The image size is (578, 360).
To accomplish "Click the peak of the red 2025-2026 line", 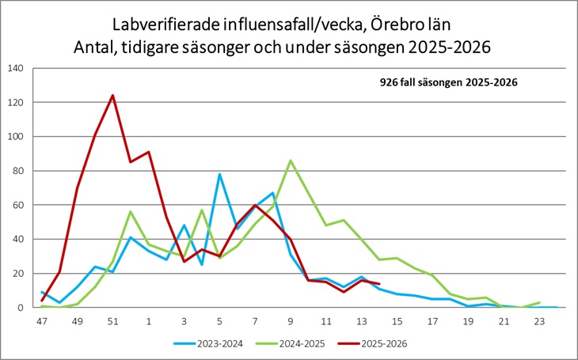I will (112, 96).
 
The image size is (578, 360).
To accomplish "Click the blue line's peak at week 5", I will (219, 174).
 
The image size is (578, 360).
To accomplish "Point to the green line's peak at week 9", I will (291, 161).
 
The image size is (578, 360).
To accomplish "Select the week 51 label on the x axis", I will (112, 321).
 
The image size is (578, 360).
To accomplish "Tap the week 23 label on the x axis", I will (539, 321).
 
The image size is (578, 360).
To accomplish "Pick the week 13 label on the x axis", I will (362, 321).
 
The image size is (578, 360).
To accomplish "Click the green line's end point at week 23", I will (539, 302).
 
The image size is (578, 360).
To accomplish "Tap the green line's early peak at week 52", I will (130, 212).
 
